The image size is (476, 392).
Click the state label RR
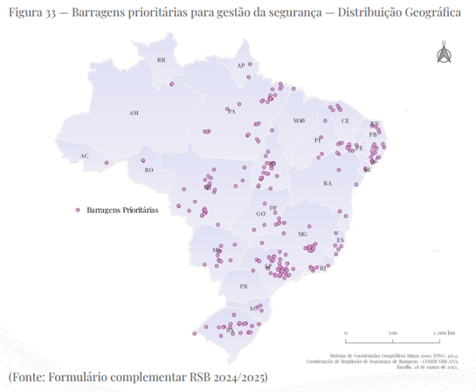point(161,60)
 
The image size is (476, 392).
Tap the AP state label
point(241,65)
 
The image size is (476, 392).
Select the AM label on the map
point(134,113)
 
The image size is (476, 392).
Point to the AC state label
point(84,156)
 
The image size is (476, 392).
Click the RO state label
point(149,170)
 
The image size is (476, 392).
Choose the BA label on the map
point(328,183)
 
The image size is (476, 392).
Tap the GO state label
point(260,213)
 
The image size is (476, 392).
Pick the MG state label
point(303,234)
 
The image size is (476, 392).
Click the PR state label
point(245,286)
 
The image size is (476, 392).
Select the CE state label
point(345,120)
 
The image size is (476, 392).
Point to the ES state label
point(341,239)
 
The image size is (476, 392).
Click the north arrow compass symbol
point(443,53)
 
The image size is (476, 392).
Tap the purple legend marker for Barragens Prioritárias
point(78,210)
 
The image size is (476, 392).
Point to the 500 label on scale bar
point(393,333)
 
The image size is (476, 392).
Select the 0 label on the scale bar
point(346,333)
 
